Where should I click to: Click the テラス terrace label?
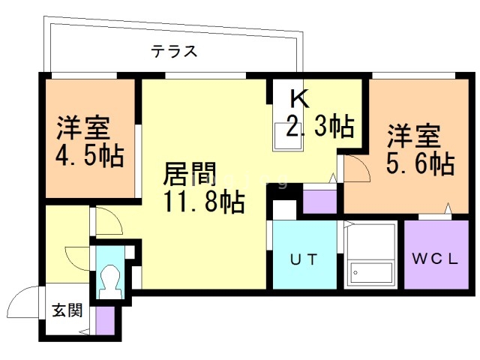[174, 51]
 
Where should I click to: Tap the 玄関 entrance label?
[67, 310]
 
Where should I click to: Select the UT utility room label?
[304, 260]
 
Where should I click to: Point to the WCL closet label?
[435, 259]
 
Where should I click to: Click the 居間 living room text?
[190, 174]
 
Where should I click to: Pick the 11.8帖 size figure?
[205, 202]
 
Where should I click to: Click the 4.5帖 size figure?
[90, 155]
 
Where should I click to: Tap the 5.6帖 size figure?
[420, 163]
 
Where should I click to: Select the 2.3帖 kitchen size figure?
[320, 125]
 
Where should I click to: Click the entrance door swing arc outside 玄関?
[18, 298]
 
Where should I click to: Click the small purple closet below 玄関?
[105, 320]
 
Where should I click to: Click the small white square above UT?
[284, 210]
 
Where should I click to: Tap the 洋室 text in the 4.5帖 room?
[83, 127]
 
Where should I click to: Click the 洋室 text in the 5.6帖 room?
[414, 136]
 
